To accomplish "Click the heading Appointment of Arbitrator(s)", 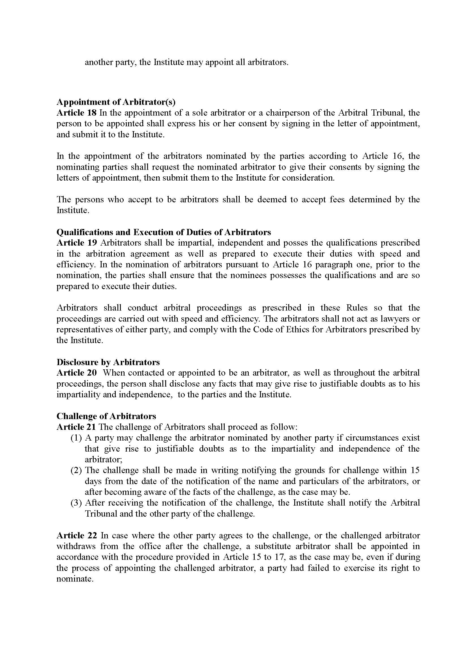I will (x=116, y=102).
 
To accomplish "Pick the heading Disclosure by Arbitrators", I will (x=108, y=362).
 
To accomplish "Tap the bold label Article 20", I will (x=76, y=373).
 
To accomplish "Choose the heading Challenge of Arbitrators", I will (x=106, y=416).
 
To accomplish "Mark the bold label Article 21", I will (x=76, y=427).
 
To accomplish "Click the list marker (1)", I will (x=76, y=438).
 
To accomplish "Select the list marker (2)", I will (x=76, y=471).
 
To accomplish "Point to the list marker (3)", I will (x=76, y=503).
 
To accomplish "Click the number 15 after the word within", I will (x=415, y=471).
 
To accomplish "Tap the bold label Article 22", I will (x=76, y=536).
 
